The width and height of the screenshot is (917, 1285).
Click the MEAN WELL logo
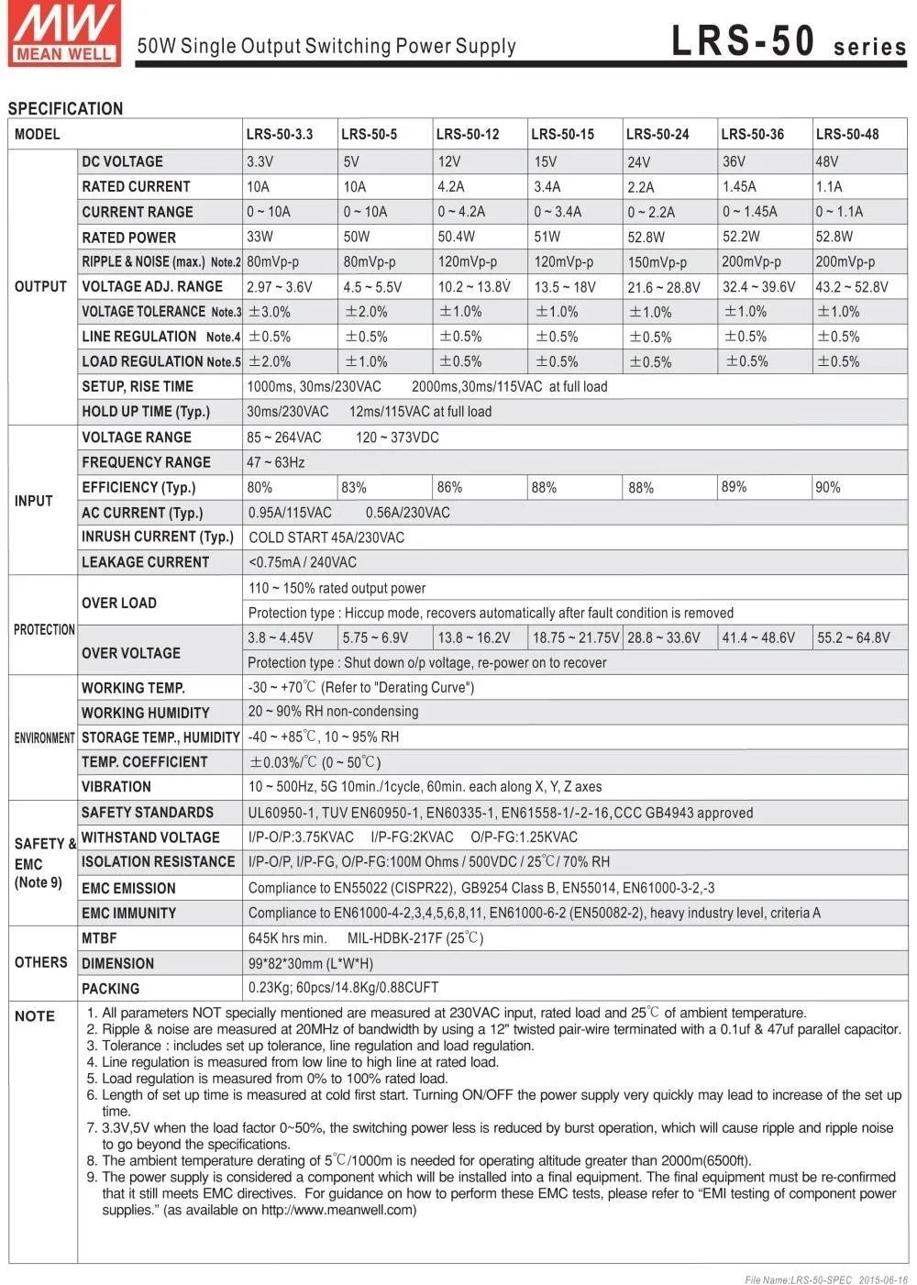[64, 34]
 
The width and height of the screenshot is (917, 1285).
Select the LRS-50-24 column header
[657, 134]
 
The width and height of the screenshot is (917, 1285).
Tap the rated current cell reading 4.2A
[450, 186]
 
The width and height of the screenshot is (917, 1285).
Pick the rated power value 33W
[260, 237]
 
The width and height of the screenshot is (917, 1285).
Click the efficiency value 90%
[828, 487]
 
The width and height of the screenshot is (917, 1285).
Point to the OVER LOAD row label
[119, 603]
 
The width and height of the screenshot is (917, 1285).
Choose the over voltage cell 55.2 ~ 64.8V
[853, 637]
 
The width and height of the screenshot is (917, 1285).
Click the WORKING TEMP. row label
[133, 688]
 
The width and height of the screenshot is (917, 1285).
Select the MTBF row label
[99, 938]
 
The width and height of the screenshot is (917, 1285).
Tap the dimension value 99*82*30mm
[310, 963]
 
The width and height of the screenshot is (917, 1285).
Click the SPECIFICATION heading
[65, 109]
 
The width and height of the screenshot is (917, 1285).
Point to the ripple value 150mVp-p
[657, 262]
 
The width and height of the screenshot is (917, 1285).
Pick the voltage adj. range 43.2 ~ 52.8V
[852, 287]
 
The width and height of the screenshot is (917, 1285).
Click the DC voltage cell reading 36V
[734, 161]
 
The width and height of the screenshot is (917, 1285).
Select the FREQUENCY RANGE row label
[146, 462]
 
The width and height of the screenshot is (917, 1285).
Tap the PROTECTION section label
[44, 629]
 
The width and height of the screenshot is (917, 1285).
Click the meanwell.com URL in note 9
[338, 1210]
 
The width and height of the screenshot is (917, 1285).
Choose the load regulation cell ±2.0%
[270, 361]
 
